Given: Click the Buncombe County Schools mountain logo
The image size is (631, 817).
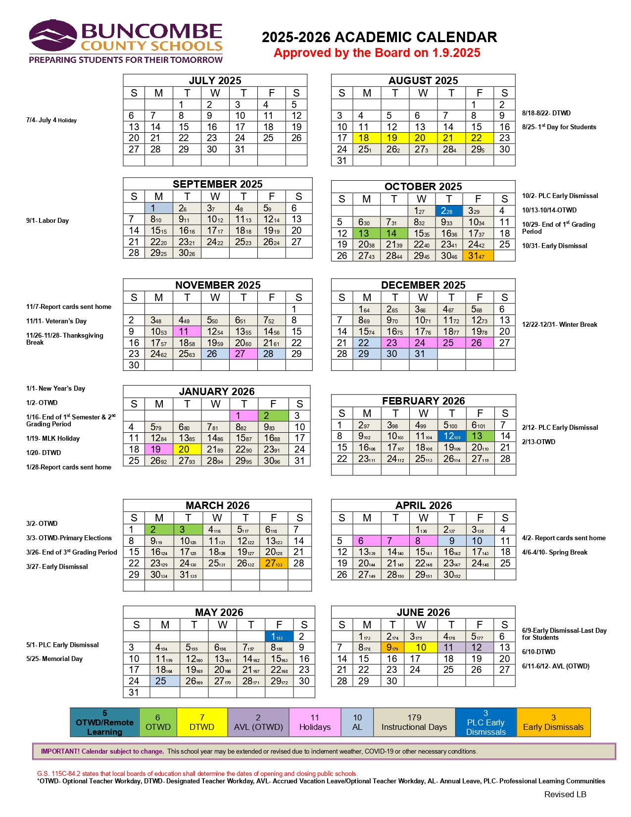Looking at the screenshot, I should tap(53, 36).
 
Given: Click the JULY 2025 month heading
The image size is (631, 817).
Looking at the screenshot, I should tap(215, 81).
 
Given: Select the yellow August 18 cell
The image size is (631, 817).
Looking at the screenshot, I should tap(366, 138).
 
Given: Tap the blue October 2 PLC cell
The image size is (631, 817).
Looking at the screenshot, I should tap(448, 210).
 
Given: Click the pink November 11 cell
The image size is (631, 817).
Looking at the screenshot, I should tap(187, 332).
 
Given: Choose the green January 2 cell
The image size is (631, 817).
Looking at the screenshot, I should tap(272, 416).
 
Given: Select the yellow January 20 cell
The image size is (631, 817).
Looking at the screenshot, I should tap(187, 450).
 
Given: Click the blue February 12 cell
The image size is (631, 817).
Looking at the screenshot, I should tap(451, 436).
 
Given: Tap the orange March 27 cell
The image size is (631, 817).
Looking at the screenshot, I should tap(273, 563).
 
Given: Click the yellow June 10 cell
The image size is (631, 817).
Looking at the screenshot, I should tap(420, 648).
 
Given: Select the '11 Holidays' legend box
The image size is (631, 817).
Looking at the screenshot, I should tap(315, 722).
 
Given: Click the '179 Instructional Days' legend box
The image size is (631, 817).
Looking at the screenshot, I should tap(414, 722).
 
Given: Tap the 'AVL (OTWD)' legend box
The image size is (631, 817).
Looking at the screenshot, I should tap(258, 722).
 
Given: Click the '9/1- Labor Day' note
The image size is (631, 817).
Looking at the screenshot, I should tap(48, 221).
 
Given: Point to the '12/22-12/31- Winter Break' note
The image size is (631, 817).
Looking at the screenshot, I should tap(559, 325).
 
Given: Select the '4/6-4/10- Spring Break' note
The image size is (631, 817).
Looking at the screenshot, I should tap(554, 553).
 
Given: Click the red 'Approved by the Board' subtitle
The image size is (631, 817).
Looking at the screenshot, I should tap(377, 53).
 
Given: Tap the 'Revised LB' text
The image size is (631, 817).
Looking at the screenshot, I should tap(565, 795).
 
